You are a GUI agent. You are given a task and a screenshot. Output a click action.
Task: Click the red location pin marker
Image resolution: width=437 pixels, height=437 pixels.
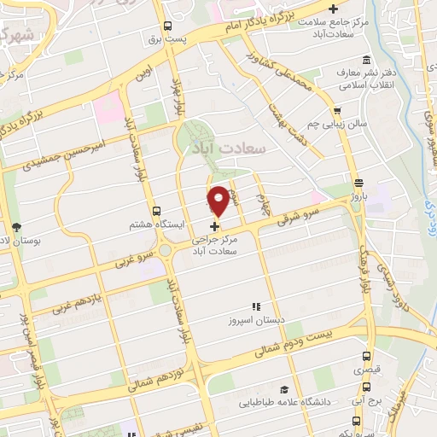218,200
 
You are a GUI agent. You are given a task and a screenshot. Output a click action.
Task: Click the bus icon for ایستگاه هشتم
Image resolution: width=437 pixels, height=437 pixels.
155,211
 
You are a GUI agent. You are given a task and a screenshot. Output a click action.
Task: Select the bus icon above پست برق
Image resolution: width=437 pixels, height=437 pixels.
168,26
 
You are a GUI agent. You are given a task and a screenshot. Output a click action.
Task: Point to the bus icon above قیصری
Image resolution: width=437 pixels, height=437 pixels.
366,357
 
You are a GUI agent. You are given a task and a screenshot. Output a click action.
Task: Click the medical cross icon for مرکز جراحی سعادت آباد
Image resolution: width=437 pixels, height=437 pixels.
213,227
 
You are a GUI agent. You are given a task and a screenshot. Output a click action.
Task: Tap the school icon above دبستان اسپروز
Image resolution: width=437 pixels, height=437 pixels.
253,306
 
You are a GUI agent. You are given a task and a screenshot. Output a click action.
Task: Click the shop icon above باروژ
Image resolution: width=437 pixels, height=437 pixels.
358,183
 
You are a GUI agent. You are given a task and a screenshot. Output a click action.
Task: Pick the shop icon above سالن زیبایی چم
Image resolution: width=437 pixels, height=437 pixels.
338,110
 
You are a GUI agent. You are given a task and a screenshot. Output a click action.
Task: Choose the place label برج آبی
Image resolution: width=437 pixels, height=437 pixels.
365,399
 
